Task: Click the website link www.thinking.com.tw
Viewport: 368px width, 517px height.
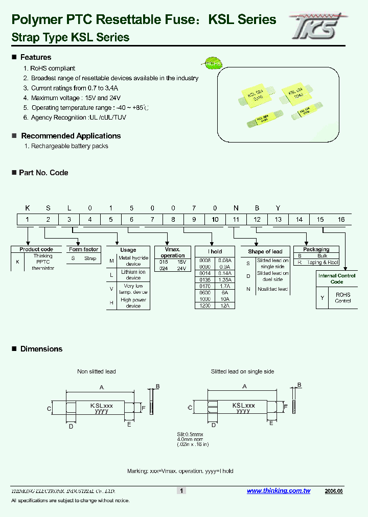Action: pos(279,490)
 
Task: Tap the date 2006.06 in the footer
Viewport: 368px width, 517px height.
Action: pos(333,490)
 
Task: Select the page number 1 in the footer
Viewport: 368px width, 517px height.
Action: pos(181,490)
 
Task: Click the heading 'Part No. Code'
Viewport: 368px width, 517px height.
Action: pos(43,173)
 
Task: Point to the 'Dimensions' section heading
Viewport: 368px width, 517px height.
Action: pos(41,349)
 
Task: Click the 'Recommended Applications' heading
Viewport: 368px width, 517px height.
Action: pos(71,136)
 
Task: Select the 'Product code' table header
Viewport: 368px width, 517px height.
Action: pos(36,249)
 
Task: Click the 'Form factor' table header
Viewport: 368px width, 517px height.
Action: pos(84,249)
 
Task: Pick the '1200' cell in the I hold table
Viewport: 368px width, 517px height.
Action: pos(205,305)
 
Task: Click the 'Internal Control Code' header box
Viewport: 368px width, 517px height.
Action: pos(336,278)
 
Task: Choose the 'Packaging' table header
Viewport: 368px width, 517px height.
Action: pos(316,249)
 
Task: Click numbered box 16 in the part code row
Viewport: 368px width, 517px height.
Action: pos(341,219)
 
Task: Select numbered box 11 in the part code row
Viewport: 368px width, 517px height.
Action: pos(236,219)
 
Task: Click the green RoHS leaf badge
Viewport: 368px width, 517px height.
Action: pos(211,63)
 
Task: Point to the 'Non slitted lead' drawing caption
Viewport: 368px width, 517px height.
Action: pos(96,371)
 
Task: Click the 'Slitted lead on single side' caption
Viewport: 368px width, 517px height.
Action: pos(242,371)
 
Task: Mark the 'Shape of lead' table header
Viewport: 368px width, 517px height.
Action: pos(265,251)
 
